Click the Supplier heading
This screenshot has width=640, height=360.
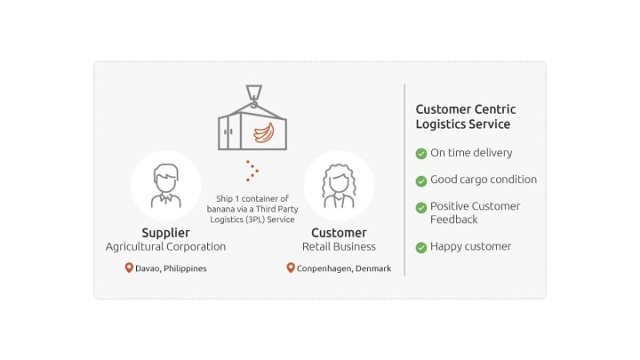165,233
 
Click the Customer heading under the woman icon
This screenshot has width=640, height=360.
339,233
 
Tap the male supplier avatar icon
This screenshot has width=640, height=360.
165,185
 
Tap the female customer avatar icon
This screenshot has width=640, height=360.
339,185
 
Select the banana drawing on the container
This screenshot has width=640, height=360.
263,134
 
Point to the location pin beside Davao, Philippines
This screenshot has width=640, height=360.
129,268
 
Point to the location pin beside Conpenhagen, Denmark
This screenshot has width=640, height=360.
290,268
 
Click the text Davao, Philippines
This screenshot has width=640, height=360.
172,268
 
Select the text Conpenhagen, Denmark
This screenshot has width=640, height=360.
344,268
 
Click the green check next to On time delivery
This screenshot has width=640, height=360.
421,154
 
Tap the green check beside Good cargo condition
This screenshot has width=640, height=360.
421,180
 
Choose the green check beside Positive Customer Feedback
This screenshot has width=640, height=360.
421,207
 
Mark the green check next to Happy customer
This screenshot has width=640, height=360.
421,247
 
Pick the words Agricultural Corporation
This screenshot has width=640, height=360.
165,247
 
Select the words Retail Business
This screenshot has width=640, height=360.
339,247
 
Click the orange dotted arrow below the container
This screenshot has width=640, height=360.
252,171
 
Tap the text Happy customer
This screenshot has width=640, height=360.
470,247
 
